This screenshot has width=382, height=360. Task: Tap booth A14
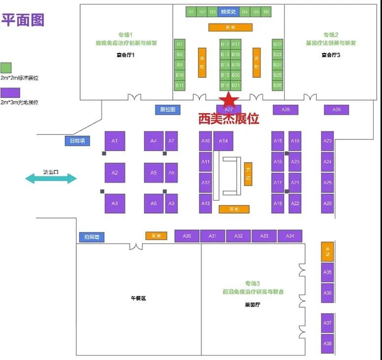[223, 141]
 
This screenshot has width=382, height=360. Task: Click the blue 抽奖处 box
[228, 11]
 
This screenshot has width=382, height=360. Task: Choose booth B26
[278, 85]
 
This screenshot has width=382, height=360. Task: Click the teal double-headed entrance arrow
[51, 178]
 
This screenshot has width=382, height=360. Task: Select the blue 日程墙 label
[78, 141]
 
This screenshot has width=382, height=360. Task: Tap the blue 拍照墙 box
[92, 237]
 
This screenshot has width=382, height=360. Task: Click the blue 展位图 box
[168, 109]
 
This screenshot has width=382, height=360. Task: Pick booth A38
[327, 343]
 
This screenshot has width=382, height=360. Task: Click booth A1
[115, 141]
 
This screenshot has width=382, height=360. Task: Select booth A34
[290, 236]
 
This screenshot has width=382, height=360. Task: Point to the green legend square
[6, 67]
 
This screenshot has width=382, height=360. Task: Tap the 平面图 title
[23, 20]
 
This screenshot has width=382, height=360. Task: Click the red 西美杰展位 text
[228, 119]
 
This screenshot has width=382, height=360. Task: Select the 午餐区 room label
[138, 299]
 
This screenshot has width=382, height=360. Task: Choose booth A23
[327, 141]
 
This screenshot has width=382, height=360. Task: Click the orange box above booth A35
[327, 252]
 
